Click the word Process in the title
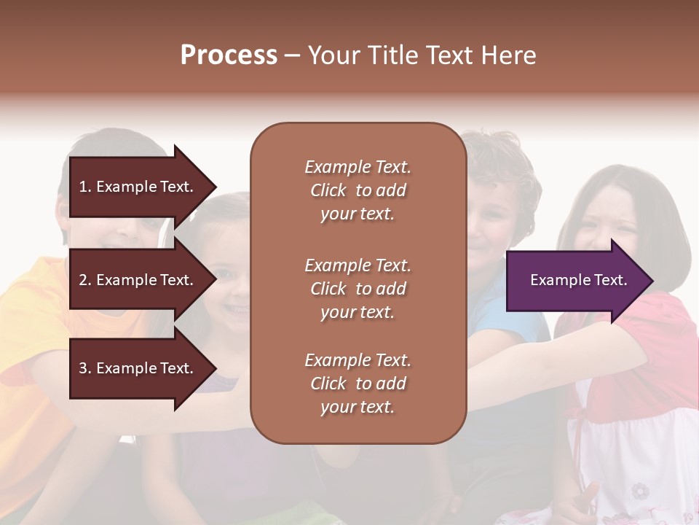[x=229, y=55]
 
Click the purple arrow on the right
[x=575, y=281]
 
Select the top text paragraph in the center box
[x=358, y=190]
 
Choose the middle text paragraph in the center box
[x=358, y=289]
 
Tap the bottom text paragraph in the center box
[x=358, y=384]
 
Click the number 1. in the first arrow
[x=84, y=187]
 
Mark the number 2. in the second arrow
[x=84, y=280]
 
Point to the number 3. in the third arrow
[x=84, y=368]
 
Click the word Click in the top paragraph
[x=328, y=190]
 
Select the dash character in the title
[x=292, y=56]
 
